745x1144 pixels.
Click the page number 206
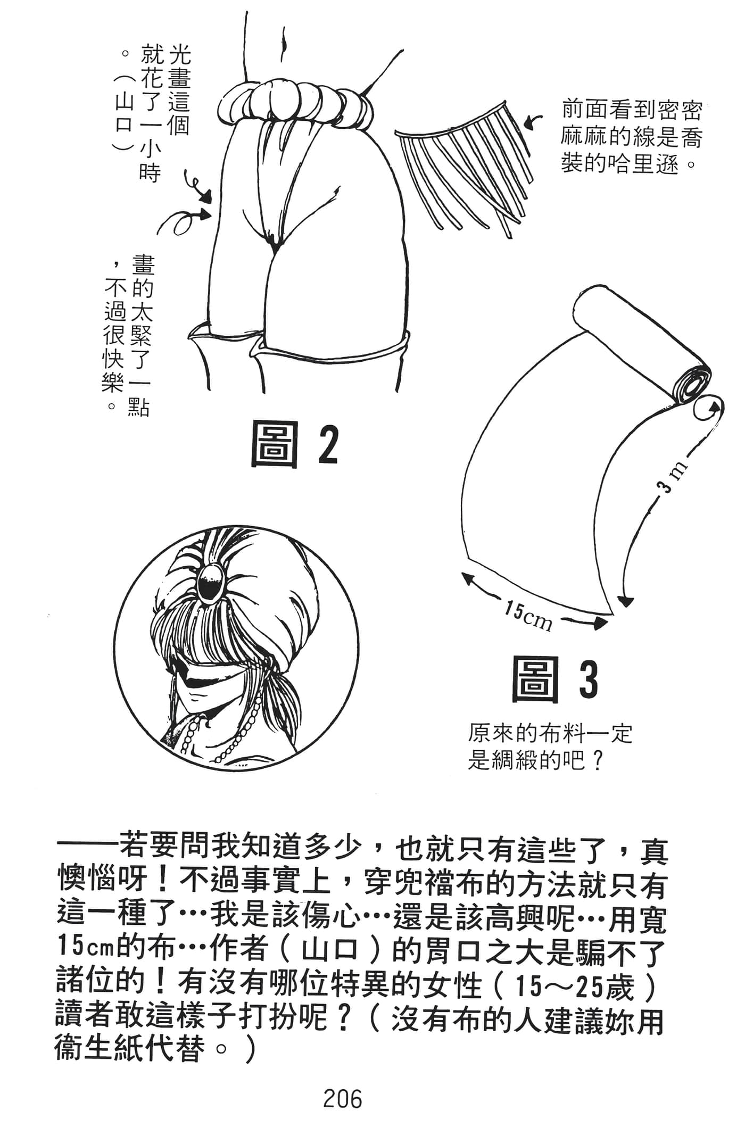[x=343, y=1098]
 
